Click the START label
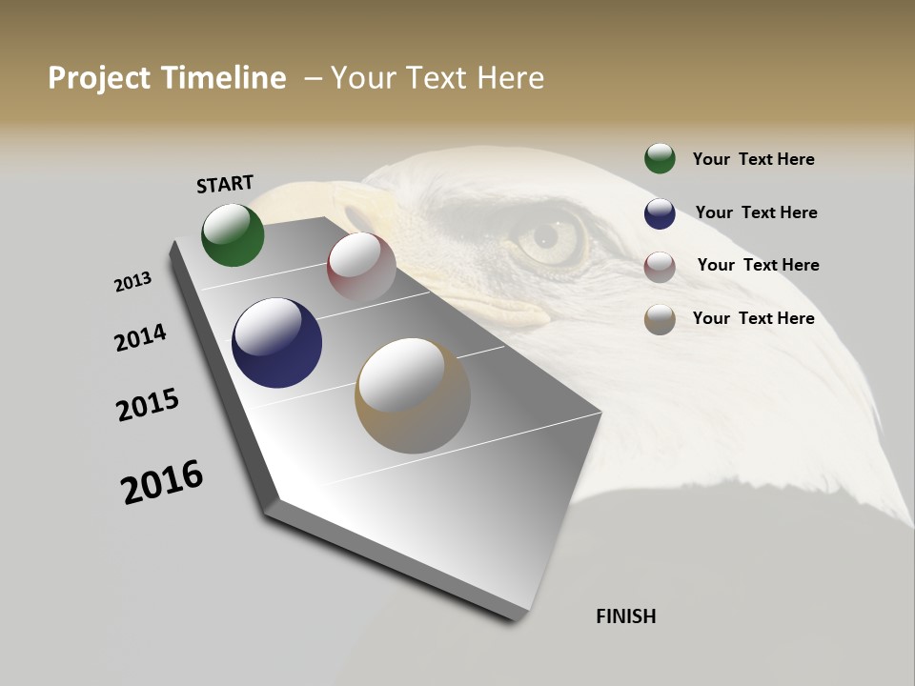225,183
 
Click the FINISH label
626,616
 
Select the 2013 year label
133,282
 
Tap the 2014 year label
141,337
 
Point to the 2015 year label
148,405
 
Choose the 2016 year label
162,482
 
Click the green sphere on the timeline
233,235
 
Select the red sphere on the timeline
361,267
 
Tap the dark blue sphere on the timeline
276,343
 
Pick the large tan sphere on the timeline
413,395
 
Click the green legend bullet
660,158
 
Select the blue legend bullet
660,213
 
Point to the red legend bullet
660,267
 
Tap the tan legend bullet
660,319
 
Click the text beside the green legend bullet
753,159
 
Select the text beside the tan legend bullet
753,318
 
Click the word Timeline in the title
224,78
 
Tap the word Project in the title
100,78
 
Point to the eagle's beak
448,286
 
